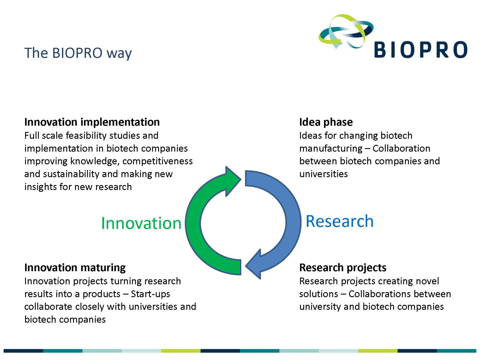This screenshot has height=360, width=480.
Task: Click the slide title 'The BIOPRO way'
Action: (x=78, y=53)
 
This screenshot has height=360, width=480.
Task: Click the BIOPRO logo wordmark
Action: (x=421, y=50)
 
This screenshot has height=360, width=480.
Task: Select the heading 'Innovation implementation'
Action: (x=92, y=122)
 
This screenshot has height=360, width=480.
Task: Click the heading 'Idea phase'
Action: (x=326, y=122)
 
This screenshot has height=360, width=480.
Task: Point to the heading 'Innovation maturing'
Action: (x=75, y=267)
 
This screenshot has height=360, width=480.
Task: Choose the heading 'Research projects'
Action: (x=343, y=267)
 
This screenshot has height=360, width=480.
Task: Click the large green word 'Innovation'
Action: (x=141, y=223)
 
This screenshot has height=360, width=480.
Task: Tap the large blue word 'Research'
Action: (x=340, y=221)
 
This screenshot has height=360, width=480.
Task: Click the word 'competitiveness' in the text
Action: (x=157, y=161)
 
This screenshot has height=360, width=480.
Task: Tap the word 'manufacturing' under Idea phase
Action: (x=331, y=149)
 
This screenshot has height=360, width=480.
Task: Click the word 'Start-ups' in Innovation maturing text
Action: (x=150, y=294)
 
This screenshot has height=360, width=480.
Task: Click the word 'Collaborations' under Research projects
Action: (x=379, y=294)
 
